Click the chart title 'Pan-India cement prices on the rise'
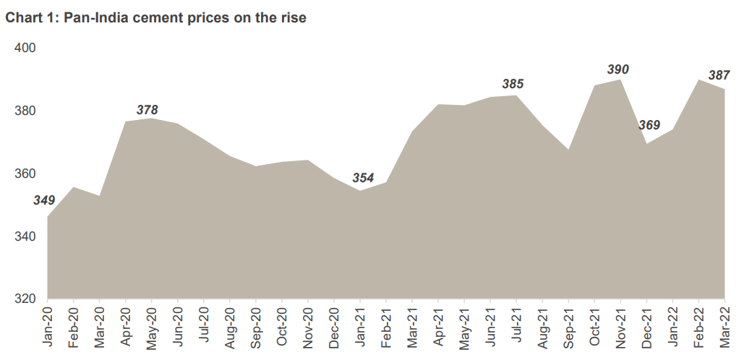(185, 19)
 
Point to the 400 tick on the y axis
(25, 48)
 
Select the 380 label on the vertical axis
(25, 111)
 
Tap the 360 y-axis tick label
(25, 174)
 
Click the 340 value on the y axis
(25, 236)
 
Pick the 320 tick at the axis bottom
(25, 299)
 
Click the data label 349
(44, 200)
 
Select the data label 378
(147, 110)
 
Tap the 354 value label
(363, 178)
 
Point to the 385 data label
(513, 85)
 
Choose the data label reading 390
(617, 69)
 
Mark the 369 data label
(649, 125)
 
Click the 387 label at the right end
(719, 74)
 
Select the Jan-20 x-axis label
(48, 330)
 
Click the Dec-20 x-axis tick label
(334, 330)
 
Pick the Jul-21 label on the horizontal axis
(516, 330)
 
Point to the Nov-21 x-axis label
(620, 330)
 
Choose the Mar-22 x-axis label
(724, 330)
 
